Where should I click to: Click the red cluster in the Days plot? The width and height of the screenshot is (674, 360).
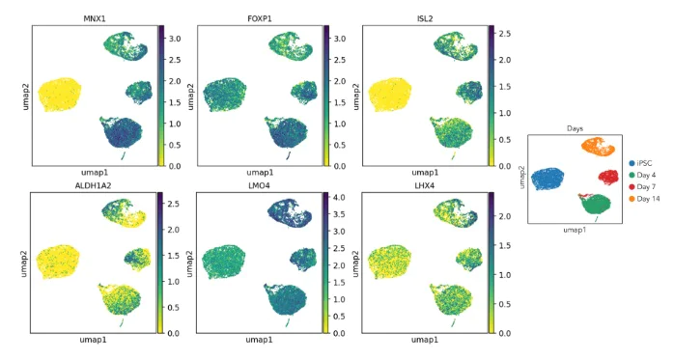pos(608,177)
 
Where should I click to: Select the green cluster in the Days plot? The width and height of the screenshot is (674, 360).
pos(597,203)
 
